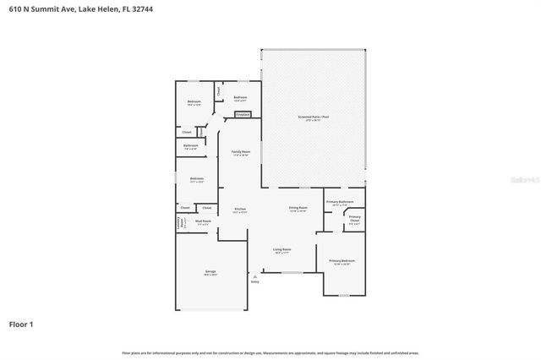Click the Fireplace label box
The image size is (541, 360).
click(x=243, y=114)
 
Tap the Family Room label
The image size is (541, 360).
click(x=240, y=153)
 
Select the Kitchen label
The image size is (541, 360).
click(x=240, y=210)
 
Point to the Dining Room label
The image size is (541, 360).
click(x=298, y=208)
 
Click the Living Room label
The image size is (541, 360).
click(x=281, y=250)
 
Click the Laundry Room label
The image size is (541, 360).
click(x=179, y=223)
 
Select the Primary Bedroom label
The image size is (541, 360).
click(x=342, y=263)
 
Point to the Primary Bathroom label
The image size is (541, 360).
click(x=338, y=203)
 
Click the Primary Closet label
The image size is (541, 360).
click(x=354, y=221)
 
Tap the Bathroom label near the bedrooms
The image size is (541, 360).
click(x=191, y=147)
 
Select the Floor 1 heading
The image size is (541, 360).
click(x=21, y=324)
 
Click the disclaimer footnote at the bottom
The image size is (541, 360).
click(x=270, y=352)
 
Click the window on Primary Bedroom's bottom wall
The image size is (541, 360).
click(x=342, y=295)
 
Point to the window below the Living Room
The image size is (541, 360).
click(x=292, y=272)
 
